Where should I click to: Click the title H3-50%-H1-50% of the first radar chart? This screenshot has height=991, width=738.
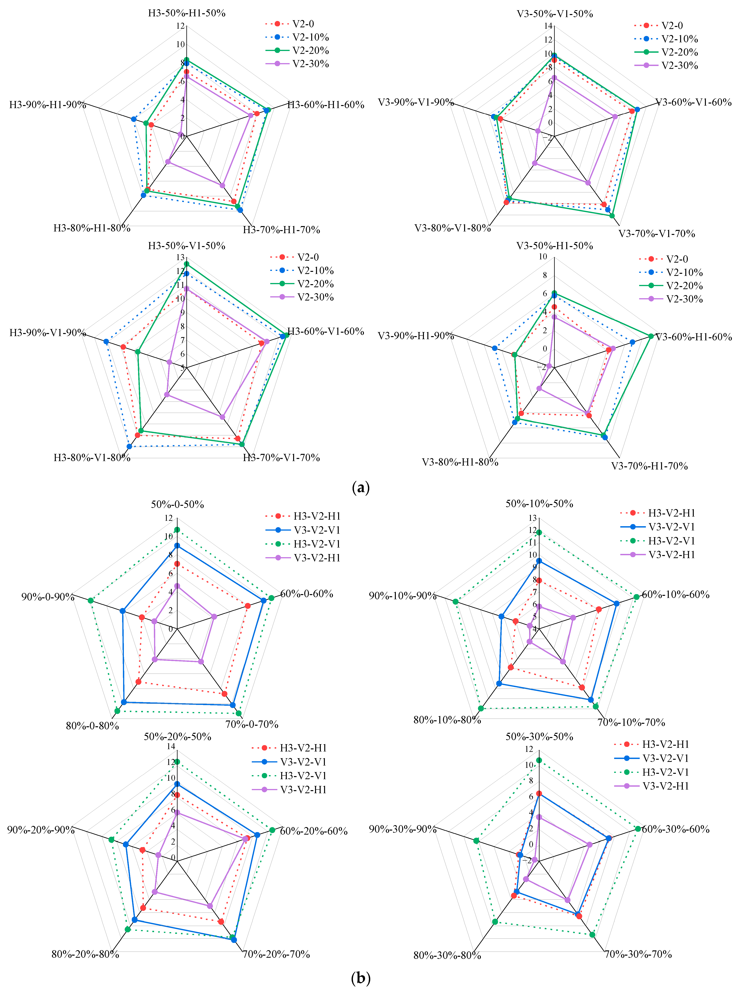[187, 13]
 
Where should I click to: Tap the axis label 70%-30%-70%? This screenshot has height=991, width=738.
[638, 954]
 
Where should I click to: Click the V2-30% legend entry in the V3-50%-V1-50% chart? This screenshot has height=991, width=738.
[679, 66]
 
